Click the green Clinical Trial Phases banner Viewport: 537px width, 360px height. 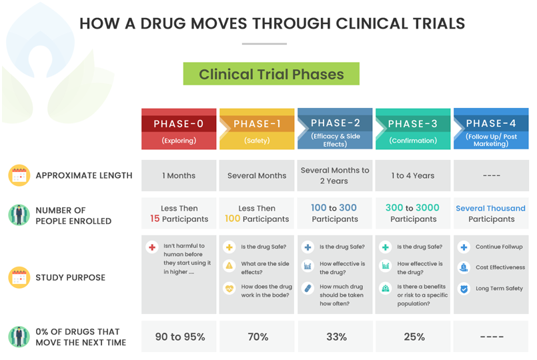[x=272, y=73]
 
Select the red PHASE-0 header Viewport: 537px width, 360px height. [x=179, y=129]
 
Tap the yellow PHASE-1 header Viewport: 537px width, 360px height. [x=257, y=129]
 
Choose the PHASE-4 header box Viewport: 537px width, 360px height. [x=491, y=129]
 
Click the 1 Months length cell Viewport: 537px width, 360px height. [x=179, y=175]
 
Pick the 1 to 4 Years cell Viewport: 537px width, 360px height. [x=413, y=175]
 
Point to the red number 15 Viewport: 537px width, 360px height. [x=155, y=219]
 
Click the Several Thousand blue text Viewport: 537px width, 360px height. [x=490, y=208]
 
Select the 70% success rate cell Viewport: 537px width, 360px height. [x=257, y=337]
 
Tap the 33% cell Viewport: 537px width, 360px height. [x=335, y=337]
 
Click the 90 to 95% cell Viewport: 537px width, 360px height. [x=179, y=337]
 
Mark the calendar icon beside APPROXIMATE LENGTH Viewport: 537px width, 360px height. [x=19, y=175]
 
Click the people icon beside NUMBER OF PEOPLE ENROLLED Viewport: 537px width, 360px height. [x=19, y=215]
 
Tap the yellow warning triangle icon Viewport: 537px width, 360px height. [x=229, y=265]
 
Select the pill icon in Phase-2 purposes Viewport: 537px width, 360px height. [x=308, y=289]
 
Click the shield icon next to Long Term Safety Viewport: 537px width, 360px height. [x=464, y=289]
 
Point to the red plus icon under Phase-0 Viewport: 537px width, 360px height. [x=152, y=247]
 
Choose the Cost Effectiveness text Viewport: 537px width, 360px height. [x=500, y=267]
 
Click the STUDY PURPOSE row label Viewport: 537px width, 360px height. [x=71, y=277]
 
